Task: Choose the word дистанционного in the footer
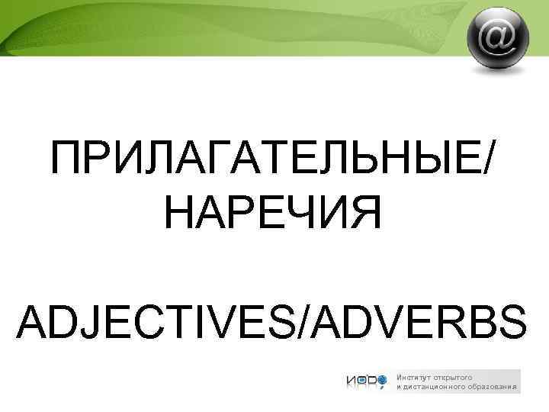(x=435, y=387)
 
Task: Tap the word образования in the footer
(x=493, y=387)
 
